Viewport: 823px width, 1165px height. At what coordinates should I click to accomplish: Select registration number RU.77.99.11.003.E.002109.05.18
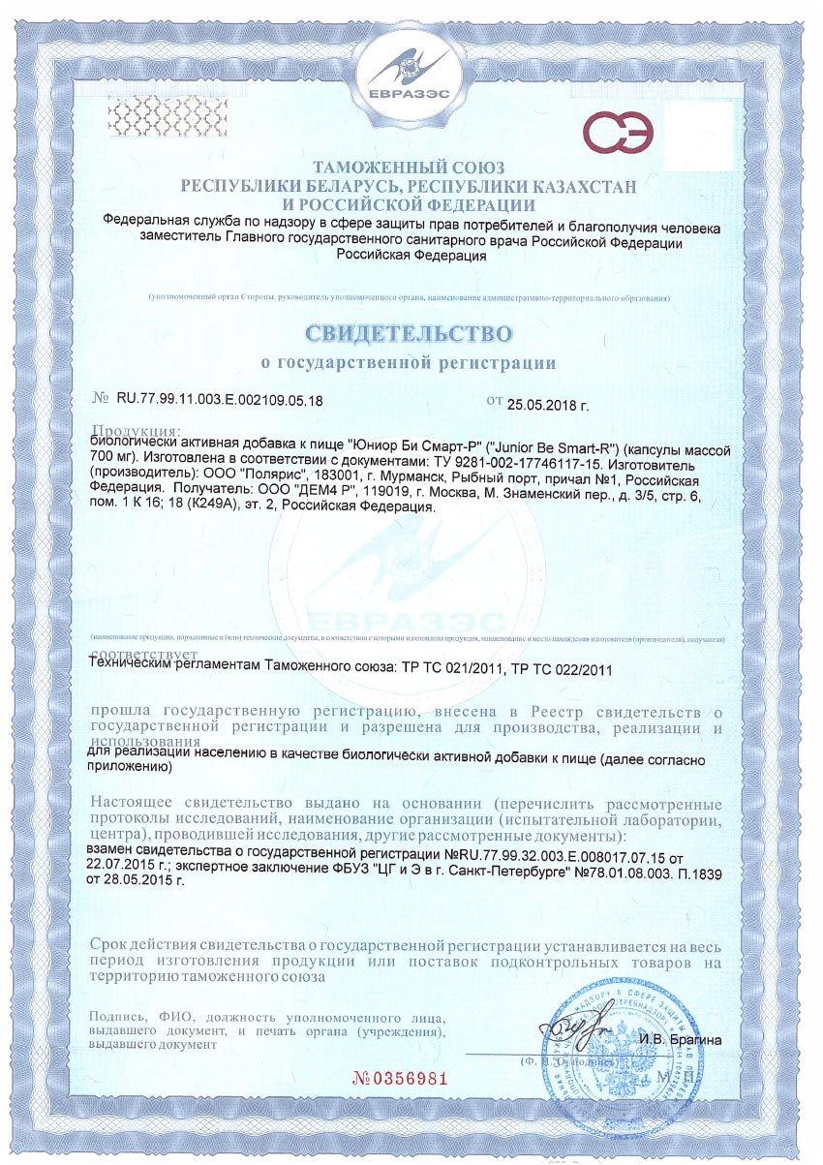(220, 399)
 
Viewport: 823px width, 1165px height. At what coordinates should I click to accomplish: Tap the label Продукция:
(136, 430)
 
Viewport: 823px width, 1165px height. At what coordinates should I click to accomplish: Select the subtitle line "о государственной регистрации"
(410, 363)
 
